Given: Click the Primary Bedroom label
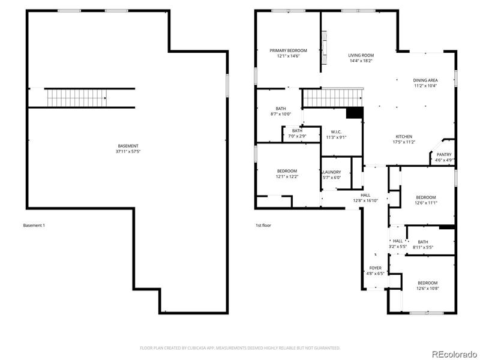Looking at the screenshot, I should coord(288,51).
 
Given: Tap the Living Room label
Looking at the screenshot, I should coord(361,55).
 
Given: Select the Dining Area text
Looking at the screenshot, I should coord(425,80).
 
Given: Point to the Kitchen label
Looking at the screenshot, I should coord(404,136).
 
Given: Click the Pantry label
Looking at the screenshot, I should coord(444,155).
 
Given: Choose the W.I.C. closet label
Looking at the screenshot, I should coord(336,132).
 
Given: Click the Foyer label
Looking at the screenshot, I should coord(375,268).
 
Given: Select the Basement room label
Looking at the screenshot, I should coord(128,146).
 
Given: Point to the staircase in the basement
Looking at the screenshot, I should coord(76,96).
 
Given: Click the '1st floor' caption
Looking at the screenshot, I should coord(263,226).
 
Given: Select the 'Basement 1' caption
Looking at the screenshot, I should coord(34,226).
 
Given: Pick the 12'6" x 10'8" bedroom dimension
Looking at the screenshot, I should coord(427,289).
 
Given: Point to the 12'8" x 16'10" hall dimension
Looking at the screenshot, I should coord(365,201).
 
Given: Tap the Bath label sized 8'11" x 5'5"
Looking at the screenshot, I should coord(423,242).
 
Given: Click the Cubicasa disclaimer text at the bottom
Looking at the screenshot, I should coord(240,347).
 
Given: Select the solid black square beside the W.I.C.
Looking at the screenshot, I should coord(355,113).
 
